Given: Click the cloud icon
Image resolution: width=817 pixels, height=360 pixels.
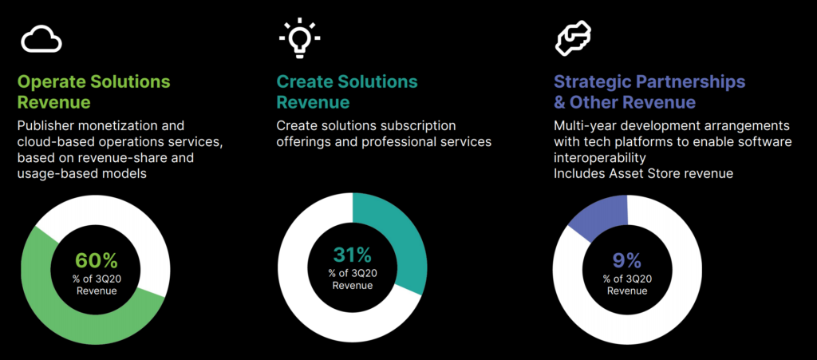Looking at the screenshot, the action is coord(41,39).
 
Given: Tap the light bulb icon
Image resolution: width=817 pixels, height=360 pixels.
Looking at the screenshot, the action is coord(299,37).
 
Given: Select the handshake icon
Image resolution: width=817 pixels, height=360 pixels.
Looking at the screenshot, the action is coord(573,38).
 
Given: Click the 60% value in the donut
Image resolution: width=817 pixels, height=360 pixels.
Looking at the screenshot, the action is coord(97,260).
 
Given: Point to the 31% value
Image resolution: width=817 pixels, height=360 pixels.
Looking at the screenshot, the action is coord(352,255).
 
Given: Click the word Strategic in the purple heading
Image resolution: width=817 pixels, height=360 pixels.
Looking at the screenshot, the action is coord(591,81).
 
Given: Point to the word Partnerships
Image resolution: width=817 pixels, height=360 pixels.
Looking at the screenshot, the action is coord(690,82).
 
